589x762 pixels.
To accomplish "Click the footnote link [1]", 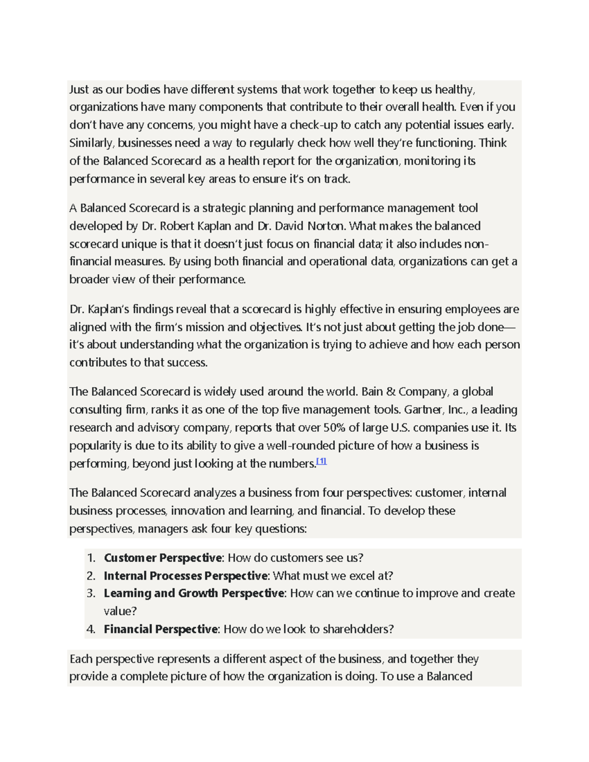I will point(321,461).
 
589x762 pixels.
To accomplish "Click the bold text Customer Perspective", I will point(163,558).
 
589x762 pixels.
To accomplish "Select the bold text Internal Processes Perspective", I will point(186,576).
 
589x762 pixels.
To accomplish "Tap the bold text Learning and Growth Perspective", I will point(194,593).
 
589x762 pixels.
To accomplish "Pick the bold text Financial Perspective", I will point(161,629).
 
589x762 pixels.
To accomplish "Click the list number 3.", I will point(90,593).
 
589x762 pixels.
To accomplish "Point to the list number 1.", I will point(90,558).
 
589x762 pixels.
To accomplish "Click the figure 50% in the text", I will point(334,427).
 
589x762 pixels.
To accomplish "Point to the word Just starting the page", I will point(79,89).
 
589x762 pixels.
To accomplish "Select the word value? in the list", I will point(120,611).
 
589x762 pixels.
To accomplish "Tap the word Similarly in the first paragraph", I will point(91,143).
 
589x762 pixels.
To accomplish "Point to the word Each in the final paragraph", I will point(81,659).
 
